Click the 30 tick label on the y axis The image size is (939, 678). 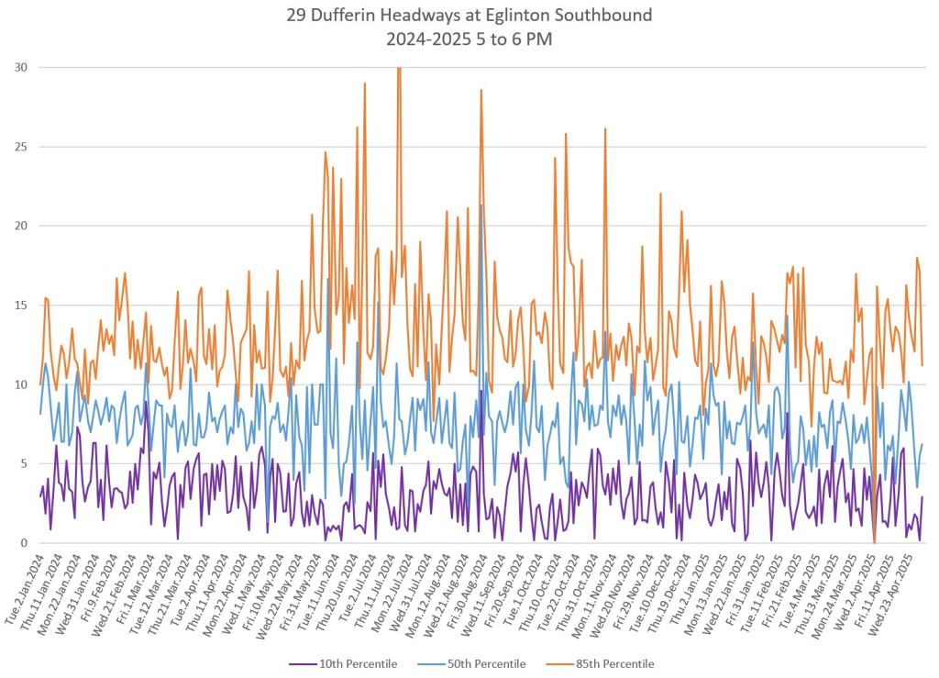coord(20,67)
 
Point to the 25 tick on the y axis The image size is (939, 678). coord(20,147)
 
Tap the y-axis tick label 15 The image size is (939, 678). coord(20,306)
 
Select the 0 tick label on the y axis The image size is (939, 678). coord(24,543)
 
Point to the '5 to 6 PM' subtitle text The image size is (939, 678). coord(514,40)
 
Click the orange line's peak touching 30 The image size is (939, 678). coord(399,68)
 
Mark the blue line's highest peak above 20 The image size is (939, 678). coord(481,205)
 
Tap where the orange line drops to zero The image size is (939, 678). coord(874,542)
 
